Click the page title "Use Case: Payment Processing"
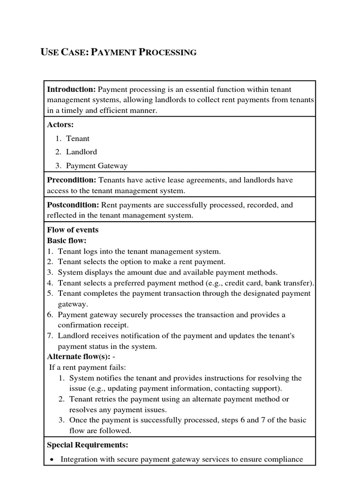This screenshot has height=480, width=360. (x=119, y=52)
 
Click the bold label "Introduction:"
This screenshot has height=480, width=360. (x=71, y=89)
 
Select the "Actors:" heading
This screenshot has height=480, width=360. (x=60, y=125)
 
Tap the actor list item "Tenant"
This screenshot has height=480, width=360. (x=78, y=138)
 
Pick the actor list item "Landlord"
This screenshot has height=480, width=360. (x=82, y=152)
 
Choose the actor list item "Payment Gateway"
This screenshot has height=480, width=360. (x=97, y=165)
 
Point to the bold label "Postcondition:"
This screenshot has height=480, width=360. (x=73, y=205)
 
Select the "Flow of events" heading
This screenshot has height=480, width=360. (x=73, y=230)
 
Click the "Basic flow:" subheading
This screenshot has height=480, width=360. (x=67, y=240)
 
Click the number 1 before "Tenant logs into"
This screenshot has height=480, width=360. (x=50, y=251)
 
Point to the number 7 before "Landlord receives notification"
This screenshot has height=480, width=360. (x=50, y=336)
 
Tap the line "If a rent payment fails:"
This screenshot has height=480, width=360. (x=88, y=367)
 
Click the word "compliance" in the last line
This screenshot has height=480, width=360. (x=280, y=459)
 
